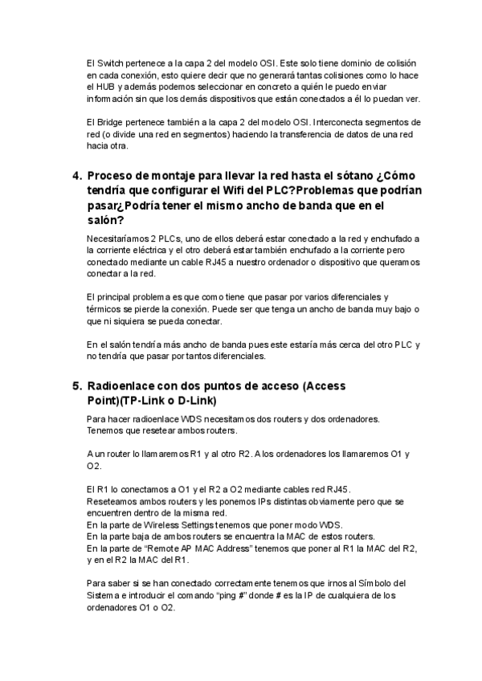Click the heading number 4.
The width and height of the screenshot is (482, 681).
click(x=77, y=176)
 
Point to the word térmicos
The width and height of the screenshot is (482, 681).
click(x=105, y=309)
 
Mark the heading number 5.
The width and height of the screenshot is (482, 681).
click(x=77, y=386)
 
